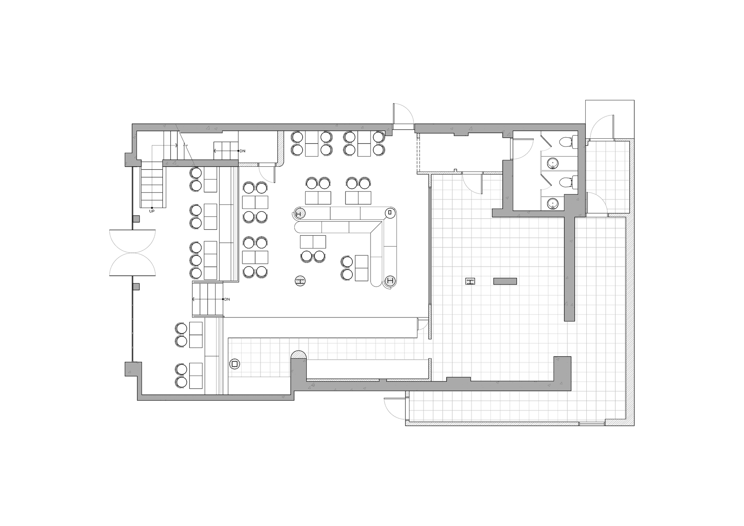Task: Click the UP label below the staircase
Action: coord(152,211)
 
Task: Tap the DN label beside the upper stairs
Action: coord(242,151)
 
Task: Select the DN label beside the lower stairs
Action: coord(227,299)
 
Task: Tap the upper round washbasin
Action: coord(553,163)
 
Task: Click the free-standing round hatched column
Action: coord(300,281)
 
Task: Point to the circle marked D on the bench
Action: coord(390,212)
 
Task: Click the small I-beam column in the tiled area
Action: coord(470,281)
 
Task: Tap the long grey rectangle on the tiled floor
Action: coord(505,281)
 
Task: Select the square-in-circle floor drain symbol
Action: coord(235,364)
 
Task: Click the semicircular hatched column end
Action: coord(299,355)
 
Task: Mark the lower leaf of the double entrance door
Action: coord(133,264)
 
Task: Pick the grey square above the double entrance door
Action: coord(136,219)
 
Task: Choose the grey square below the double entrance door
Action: coord(136,287)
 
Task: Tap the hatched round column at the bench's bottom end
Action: coord(390,280)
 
